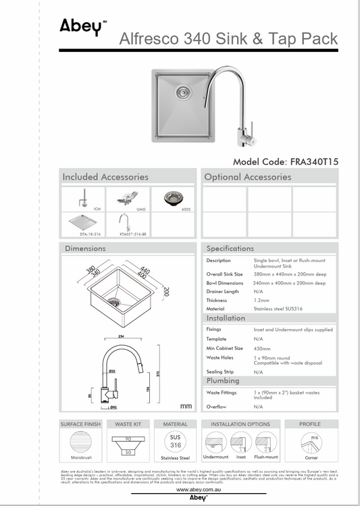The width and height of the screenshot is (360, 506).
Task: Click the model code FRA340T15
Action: [285, 162]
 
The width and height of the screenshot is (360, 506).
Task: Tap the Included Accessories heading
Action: [105, 177]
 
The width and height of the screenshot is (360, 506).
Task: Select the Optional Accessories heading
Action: [249, 177]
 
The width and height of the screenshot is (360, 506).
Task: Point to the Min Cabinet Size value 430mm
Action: [263, 348]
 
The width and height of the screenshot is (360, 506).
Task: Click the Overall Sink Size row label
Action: [224, 274]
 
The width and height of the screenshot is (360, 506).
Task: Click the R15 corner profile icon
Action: [310, 442]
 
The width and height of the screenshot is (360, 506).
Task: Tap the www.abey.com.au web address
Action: [198, 490]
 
